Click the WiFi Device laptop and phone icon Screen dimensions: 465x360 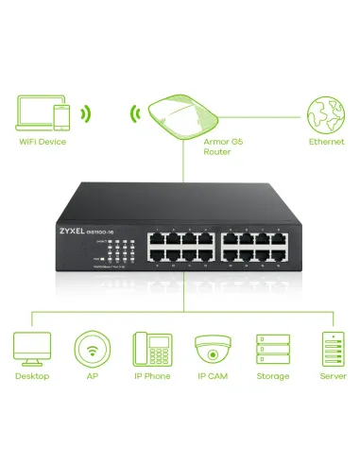(43, 114)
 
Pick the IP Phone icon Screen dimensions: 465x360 (150, 349)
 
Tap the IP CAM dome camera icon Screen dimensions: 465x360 (212, 349)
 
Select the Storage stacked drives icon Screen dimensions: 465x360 (272, 349)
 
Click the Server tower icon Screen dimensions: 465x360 (330, 349)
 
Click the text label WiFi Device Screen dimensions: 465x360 (43, 144)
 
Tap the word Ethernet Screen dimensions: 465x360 (320, 143)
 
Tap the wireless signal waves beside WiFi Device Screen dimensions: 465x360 (85, 114)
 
